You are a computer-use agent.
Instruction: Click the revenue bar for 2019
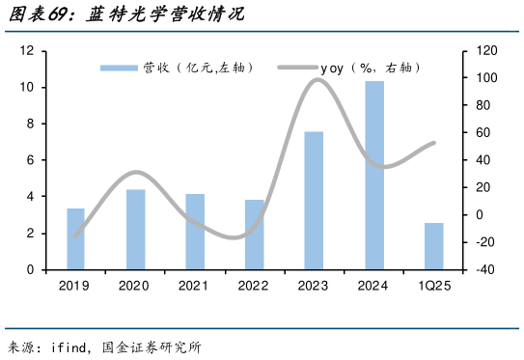(x=75, y=238)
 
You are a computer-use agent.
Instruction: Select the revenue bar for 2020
(x=135, y=230)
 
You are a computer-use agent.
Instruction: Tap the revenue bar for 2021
(x=195, y=232)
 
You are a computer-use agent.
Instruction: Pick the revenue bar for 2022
(x=254, y=235)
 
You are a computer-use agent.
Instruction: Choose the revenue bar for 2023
(x=314, y=201)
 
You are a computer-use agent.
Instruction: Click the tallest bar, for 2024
(x=373, y=175)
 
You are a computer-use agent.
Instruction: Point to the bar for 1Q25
(x=433, y=246)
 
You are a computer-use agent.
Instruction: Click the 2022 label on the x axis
(x=254, y=286)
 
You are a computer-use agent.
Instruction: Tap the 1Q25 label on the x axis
(x=433, y=286)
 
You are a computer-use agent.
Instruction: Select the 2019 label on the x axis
(x=75, y=286)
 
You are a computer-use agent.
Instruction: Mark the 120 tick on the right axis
(x=483, y=51)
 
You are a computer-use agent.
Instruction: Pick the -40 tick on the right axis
(x=484, y=270)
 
